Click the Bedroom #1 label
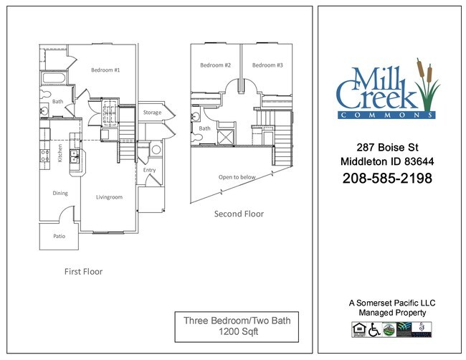[105, 70]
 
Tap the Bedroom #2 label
[215, 65]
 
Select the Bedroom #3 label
[267, 65]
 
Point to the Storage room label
[152, 113]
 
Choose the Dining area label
[60, 193]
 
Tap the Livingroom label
[110, 196]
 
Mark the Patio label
[60, 235]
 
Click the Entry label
[150, 170]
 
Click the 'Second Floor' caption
[239, 214]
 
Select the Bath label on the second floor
[204, 129]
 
